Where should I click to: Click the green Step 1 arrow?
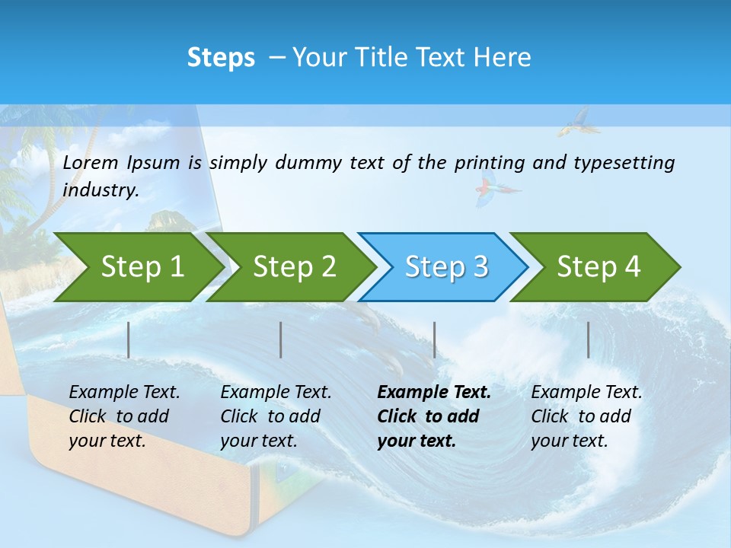pos(141,267)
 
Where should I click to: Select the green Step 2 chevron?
pos(293,267)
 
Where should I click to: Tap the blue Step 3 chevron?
pos(445,267)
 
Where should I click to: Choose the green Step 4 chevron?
pos(598,267)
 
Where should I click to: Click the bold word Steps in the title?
pos(221,58)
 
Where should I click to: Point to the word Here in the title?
pos(502,58)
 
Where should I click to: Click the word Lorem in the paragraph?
pos(91,162)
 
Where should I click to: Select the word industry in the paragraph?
pos(101,190)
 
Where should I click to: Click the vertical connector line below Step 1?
pos(129,339)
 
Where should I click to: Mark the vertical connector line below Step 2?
pos(281,339)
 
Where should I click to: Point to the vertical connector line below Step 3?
pos(434,339)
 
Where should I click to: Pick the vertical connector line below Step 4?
pos(588,339)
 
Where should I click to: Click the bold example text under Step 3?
pos(433,416)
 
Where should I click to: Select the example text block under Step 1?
pos(123,416)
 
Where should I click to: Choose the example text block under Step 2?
pos(275,416)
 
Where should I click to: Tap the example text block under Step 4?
pos(586,416)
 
